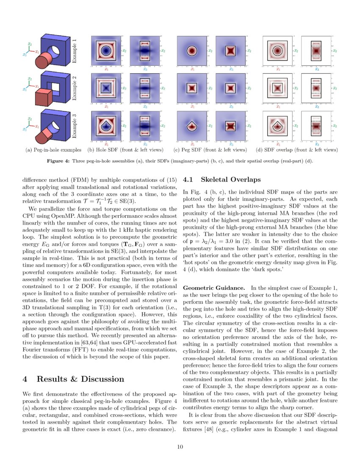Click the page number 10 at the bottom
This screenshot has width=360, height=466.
click(x=180, y=446)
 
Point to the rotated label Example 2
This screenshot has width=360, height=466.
click(x=75, y=89)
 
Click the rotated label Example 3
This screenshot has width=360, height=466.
click(x=75, y=126)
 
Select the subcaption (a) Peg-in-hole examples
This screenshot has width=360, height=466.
click(x=54, y=150)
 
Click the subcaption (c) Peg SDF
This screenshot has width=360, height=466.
click(x=210, y=150)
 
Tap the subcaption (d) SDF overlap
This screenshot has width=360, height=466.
click(x=297, y=150)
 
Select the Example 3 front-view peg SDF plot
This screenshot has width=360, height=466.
click(x=191, y=126)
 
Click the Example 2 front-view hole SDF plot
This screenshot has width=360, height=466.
click(x=105, y=89)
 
